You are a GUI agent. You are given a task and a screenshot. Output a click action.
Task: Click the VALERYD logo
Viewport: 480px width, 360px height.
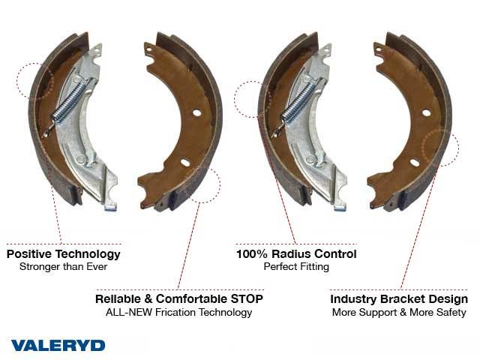(x=58, y=345)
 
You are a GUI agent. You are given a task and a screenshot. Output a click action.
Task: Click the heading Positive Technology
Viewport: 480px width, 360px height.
(x=64, y=253)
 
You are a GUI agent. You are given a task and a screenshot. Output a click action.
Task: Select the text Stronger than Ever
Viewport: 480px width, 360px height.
(x=63, y=267)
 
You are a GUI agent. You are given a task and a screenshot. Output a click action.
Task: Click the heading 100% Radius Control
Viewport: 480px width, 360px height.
(x=296, y=253)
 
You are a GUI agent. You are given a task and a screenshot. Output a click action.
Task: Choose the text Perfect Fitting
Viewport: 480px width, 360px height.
(x=296, y=267)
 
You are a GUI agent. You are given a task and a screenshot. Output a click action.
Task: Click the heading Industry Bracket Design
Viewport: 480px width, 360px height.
(x=399, y=299)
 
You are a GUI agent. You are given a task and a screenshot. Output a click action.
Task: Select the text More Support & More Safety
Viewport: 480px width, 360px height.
(x=399, y=312)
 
